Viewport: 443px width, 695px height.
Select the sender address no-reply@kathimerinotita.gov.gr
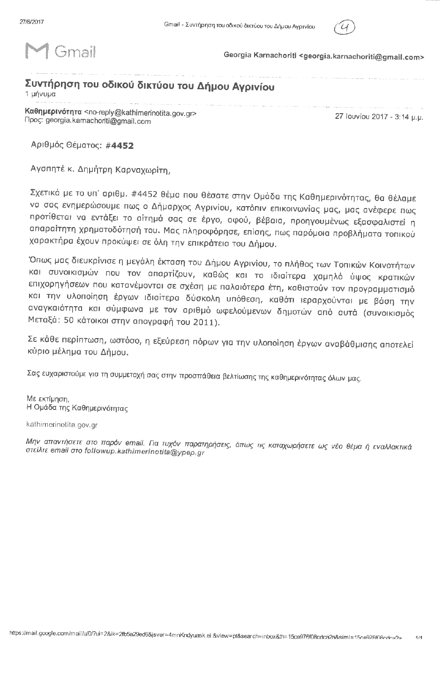139,113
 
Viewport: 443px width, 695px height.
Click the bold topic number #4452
120,146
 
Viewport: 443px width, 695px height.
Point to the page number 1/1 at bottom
419,638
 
